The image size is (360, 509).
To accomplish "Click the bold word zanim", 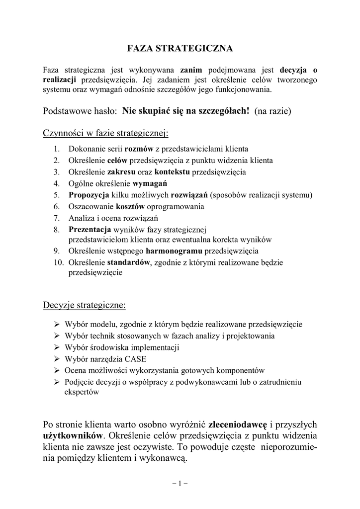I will point(191,70).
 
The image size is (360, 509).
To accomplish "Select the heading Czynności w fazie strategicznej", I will point(106,133).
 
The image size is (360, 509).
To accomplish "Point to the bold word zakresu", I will point(122,172).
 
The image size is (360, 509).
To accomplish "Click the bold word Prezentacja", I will point(90,229).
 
